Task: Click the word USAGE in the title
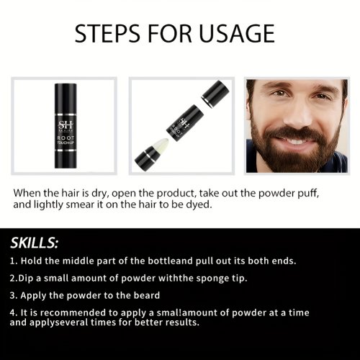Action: click(237, 33)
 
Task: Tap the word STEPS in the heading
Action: click(107, 33)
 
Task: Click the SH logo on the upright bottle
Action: click(66, 125)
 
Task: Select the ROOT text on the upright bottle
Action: click(66, 138)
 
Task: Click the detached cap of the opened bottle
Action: click(215, 93)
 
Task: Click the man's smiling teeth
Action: click(297, 141)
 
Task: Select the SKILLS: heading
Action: click(34, 243)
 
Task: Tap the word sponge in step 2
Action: click(212, 279)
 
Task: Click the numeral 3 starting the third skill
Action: click(12, 295)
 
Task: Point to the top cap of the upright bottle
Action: click(66, 98)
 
